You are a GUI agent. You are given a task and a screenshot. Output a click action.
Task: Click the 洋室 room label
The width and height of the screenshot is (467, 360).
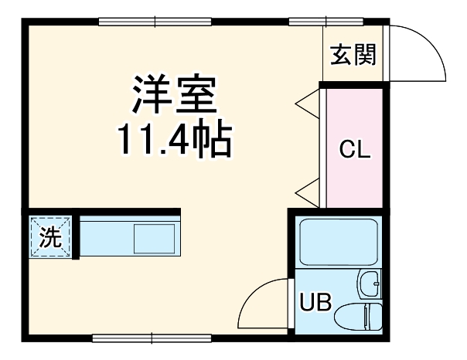pyautogui.click(x=174, y=95)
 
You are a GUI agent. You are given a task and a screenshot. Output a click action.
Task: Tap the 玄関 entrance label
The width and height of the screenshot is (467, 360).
pyautogui.click(x=353, y=55)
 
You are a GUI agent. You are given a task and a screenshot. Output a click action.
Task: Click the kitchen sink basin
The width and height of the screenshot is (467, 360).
pyautogui.click(x=155, y=238)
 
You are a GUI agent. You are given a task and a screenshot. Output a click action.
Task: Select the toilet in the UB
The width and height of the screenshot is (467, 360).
pyautogui.click(x=357, y=316)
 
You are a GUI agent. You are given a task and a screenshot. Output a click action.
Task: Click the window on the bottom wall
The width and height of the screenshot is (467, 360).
pyautogui.click(x=152, y=338)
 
